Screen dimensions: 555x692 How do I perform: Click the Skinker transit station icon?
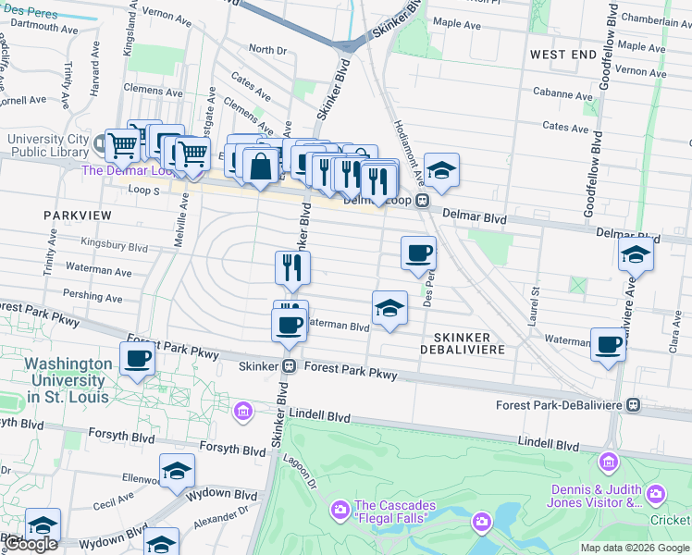289,365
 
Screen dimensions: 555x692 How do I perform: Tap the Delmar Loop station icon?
422,201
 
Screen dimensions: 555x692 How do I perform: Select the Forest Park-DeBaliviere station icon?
634,405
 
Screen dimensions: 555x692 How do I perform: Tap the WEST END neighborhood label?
562,55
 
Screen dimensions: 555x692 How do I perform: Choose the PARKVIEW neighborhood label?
78,216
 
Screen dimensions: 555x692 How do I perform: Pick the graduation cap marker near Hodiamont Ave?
441,170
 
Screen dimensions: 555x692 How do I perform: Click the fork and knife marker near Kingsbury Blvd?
292,267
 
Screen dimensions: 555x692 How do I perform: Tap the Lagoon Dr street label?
307,474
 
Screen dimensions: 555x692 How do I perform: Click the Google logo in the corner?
32,545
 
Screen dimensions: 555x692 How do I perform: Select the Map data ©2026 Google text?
635,548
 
